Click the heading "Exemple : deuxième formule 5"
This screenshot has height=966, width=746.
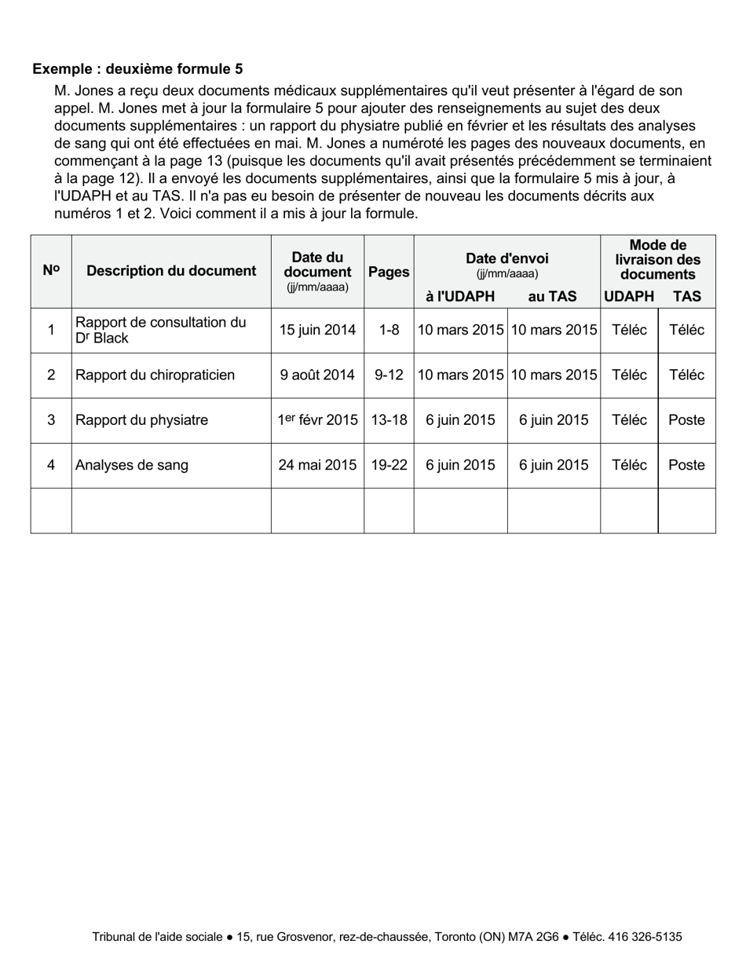click(x=137, y=69)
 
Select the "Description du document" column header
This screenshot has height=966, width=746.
click(x=171, y=271)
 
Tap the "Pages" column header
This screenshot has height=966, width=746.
click(x=389, y=272)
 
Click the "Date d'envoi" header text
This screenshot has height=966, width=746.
click(x=506, y=258)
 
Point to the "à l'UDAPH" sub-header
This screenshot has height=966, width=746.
click(x=460, y=296)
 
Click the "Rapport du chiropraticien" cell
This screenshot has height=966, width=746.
click(x=155, y=375)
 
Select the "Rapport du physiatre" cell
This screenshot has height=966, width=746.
click(x=141, y=420)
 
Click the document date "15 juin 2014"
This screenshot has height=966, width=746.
click(x=317, y=330)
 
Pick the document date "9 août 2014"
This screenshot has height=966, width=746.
click(x=317, y=375)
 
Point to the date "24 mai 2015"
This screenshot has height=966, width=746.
click(x=317, y=465)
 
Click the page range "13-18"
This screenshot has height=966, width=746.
click(x=389, y=420)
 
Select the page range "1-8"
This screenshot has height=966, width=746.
click(x=389, y=330)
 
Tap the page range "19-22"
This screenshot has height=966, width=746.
click(x=389, y=465)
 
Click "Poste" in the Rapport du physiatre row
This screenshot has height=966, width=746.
click(x=686, y=420)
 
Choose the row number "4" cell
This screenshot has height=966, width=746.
click(x=51, y=465)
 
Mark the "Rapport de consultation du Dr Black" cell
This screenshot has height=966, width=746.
click(x=160, y=330)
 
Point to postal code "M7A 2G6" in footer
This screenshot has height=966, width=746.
click(x=533, y=936)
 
